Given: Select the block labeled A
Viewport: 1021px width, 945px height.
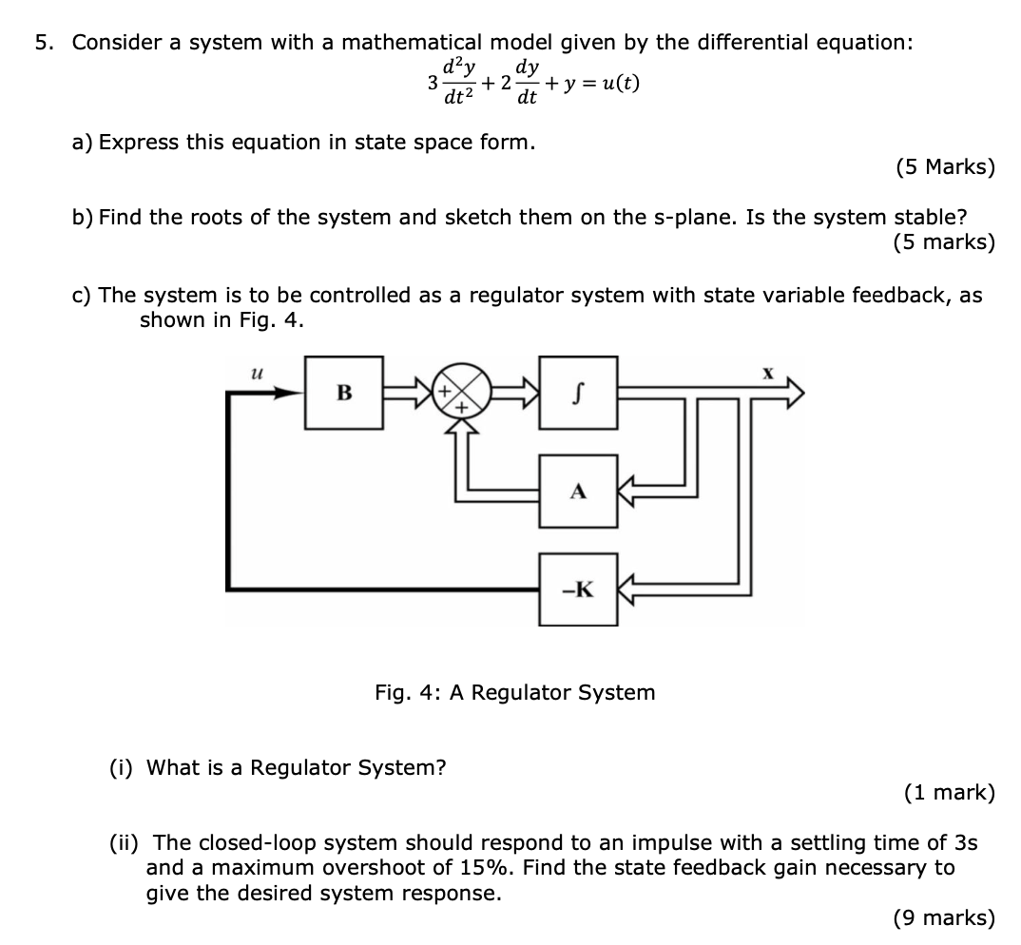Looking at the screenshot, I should pyautogui.click(x=578, y=492).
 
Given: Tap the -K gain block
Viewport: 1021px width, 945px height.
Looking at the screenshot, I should pyautogui.click(x=578, y=589).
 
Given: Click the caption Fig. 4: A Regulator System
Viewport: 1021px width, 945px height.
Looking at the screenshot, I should pyautogui.click(x=514, y=692).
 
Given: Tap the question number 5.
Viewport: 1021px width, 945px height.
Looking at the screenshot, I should pyautogui.click(x=42, y=43).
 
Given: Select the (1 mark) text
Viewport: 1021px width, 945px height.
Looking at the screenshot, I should pyautogui.click(x=948, y=793).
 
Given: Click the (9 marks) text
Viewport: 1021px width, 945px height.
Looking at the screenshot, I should pyautogui.click(x=944, y=917).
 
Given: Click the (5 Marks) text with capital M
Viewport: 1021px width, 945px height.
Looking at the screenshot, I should pyautogui.click(x=944, y=167).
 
